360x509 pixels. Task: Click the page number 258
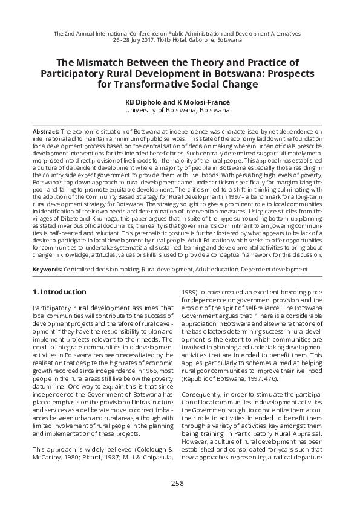(177, 483)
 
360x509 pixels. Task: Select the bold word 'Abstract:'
(46, 131)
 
